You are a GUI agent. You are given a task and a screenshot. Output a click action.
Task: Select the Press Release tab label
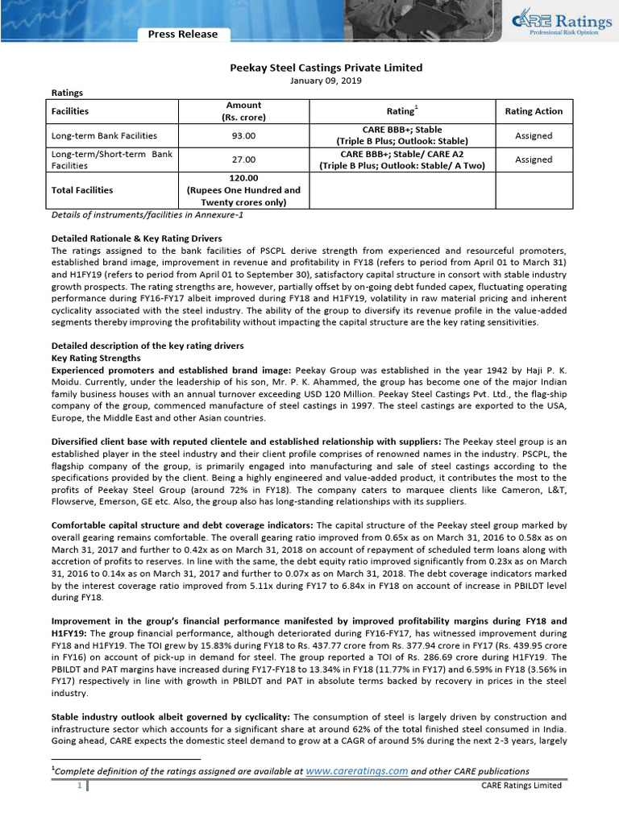pos(182,34)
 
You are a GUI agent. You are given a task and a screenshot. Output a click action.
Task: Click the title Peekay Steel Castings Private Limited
pos(309,68)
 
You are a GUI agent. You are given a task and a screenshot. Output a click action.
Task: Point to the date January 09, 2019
pos(309,81)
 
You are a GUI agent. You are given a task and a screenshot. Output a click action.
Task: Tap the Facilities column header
pos(70,111)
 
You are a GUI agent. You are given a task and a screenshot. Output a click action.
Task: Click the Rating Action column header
pos(534,111)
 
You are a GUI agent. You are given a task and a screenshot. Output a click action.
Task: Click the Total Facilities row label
pos(82,190)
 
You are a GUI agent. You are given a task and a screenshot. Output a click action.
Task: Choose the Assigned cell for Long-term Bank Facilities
pos(534,135)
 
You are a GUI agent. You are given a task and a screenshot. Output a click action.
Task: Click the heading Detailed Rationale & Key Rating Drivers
pos(136,238)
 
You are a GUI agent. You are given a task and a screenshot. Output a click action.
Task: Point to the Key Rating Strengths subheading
pos(98,357)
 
